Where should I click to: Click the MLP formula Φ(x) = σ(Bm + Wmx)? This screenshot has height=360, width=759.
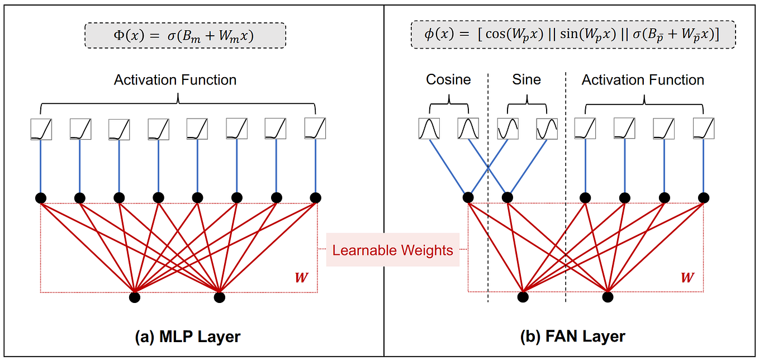pyautogui.click(x=184, y=37)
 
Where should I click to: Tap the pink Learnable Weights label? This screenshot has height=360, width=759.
pyautogui.click(x=392, y=250)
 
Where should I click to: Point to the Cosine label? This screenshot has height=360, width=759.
pyautogui.click(x=448, y=80)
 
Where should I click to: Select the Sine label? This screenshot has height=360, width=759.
pyautogui.click(x=526, y=80)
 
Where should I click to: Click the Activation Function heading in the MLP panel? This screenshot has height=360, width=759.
pyautogui.click(x=175, y=80)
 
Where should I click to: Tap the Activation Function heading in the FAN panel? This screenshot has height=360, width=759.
pyautogui.click(x=643, y=80)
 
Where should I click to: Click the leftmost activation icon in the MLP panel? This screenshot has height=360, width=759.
pyautogui.click(x=41, y=129)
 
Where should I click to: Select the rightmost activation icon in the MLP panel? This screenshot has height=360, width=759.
pyautogui.click(x=315, y=129)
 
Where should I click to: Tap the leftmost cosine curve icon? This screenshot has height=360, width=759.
pyautogui.click(x=429, y=129)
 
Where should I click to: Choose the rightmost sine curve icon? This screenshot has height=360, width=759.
pyautogui.click(x=547, y=129)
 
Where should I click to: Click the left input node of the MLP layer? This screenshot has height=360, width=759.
pyautogui.click(x=135, y=297)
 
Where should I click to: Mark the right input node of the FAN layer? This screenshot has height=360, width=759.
pyautogui.click(x=608, y=297)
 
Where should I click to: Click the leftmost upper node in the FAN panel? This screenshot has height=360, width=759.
pyautogui.click(x=468, y=197)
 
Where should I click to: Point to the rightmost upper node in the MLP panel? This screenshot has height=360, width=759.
pyautogui.click(x=315, y=197)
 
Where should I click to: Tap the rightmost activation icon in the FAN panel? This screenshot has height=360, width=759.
pyautogui.click(x=703, y=129)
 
